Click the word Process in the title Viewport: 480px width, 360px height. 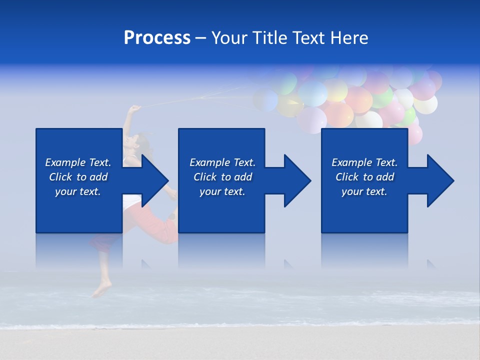[x=157, y=38]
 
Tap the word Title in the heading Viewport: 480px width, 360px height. [x=269, y=38]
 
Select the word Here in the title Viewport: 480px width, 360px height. [x=349, y=38]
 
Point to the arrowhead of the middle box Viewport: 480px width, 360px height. [x=295, y=180]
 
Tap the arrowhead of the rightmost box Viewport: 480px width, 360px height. [x=438, y=180]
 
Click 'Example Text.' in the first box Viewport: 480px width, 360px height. [x=78, y=162]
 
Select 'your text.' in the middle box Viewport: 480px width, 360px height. [x=222, y=191]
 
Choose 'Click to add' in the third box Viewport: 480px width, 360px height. [x=364, y=177]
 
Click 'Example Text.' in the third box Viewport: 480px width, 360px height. [x=364, y=162]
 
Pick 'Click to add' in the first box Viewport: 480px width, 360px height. [x=78, y=177]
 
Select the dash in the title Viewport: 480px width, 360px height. [x=201, y=38]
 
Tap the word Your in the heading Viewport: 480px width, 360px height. [x=229, y=38]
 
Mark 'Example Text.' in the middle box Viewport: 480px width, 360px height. [x=222, y=162]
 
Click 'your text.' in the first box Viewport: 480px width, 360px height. [x=78, y=191]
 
